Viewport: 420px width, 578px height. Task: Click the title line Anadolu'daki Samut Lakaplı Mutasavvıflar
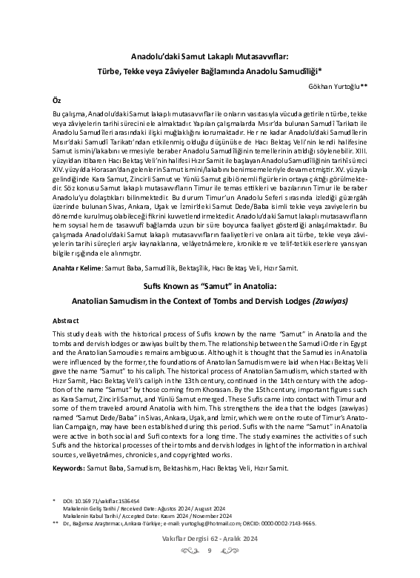click(210, 56)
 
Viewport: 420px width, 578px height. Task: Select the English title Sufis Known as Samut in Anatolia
click(210, 285)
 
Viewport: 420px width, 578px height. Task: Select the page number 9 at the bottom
click(210, 571)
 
